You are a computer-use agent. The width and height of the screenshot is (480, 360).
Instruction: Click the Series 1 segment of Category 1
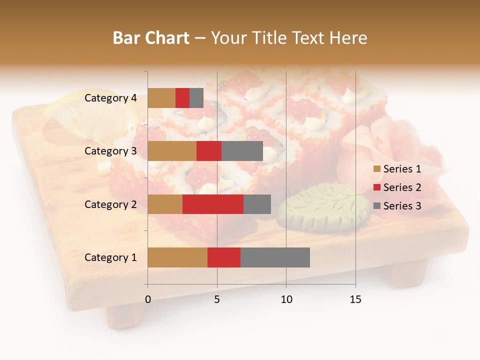[x=177, y=257]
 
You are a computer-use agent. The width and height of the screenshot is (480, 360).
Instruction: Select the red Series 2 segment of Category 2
[x=213, y=204]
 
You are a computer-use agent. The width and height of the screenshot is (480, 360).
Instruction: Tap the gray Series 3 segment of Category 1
[x=275, y=257]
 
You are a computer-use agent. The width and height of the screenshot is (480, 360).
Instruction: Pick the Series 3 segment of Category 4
[x=196, y=98]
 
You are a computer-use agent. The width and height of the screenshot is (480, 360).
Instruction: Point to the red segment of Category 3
[x=209, y=151]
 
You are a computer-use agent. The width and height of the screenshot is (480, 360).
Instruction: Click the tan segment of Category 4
[x=161, y=98]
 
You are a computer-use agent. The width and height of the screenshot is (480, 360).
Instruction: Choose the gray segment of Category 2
[x=257, y=204]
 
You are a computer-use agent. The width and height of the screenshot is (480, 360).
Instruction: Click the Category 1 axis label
[x=110, y=257]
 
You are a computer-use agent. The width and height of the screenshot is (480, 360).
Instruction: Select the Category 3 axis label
[x=110, y=151]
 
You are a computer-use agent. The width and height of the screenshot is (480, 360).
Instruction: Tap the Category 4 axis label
[x=110, y=98]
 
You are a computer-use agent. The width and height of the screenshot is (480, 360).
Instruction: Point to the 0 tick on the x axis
[x=148, y=299]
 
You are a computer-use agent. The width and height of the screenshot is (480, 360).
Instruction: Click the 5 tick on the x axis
[x=217, y=299]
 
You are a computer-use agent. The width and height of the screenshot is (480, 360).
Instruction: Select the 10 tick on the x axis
[x=286, y=299]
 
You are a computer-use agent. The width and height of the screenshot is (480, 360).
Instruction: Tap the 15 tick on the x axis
[x=355, y=299]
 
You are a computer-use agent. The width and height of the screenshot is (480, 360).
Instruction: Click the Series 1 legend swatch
[x=377, y=169]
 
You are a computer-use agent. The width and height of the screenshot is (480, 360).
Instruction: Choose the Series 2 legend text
[x=402, y=187]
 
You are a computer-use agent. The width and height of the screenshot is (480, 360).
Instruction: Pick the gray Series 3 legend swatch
[x=377, y=206]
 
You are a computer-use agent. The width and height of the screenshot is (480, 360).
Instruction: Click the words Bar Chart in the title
[x=151, y=38]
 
